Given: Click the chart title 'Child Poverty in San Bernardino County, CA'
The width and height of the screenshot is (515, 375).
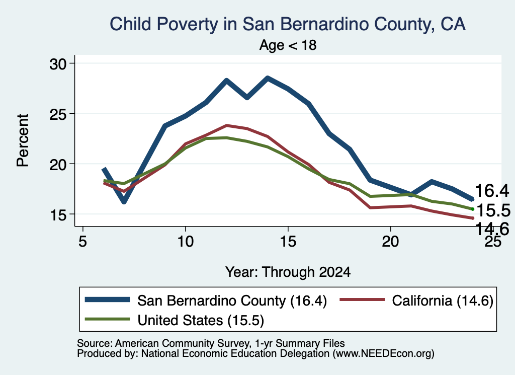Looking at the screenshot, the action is (287, 24).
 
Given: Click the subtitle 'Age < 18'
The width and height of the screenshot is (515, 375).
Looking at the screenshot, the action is (288, 45).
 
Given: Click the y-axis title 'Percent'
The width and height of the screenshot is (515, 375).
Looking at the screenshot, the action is (23, 140).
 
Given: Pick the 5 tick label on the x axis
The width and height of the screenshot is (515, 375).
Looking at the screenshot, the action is (83, 242).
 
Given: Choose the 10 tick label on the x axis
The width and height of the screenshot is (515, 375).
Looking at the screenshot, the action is (185, 242).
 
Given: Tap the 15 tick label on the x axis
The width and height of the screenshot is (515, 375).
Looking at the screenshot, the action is (288, 242).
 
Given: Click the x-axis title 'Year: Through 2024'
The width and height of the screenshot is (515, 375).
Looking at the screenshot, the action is (288, 272).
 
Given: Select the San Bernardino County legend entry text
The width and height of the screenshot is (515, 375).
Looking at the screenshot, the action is (232, 301).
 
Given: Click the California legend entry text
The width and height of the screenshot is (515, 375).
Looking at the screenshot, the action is (443, 301).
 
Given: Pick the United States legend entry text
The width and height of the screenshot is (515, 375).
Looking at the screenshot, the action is (201, 320).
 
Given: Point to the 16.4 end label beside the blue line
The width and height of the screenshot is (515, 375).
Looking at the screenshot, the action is (492, 191).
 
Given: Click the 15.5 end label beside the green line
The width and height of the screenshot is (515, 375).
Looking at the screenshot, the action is (493, 211).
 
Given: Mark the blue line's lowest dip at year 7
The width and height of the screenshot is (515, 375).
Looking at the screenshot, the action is (124, 202).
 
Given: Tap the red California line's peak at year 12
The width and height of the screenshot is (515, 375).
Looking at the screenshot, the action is (226, 125).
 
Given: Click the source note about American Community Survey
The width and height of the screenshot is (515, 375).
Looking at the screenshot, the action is (211, 343).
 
